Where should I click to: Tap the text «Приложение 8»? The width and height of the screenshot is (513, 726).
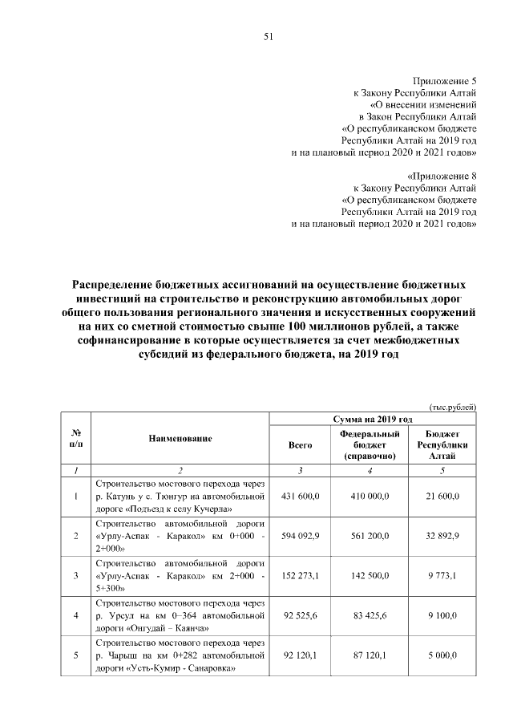442,176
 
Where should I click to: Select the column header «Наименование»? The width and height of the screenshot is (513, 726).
180,439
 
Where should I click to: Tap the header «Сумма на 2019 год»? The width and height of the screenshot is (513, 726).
373,420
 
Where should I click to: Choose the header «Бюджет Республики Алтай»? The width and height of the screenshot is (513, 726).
442,444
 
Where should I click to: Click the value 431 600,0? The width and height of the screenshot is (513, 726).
301,497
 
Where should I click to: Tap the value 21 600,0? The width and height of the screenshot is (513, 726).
442,497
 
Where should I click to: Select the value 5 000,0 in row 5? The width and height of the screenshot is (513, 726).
442,655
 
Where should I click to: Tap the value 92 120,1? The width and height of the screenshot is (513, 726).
301,655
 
